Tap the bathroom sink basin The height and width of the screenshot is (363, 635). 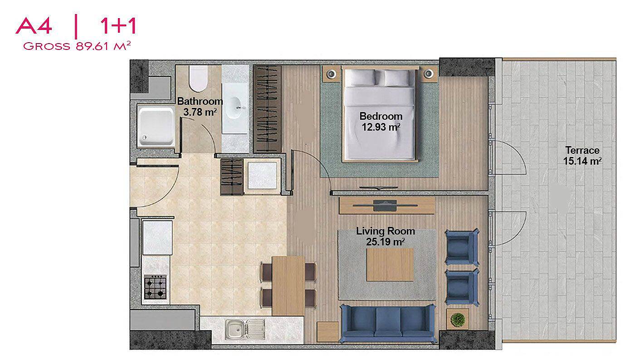coord(235,108)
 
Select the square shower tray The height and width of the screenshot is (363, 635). coord(156,127)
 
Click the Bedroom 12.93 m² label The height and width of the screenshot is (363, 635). coord(381,122)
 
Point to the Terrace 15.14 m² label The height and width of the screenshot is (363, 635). coord(582,156)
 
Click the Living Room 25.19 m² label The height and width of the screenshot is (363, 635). coord(386,236)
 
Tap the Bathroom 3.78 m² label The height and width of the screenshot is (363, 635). coord(200,107)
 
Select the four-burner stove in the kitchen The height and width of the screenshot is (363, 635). coord(155,287)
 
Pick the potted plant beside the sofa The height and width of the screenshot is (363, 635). coord(457,319)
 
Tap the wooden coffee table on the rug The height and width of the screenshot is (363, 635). coord(390,265)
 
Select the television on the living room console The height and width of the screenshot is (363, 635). coord(385,205)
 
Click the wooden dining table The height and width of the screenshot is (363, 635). coord(288,286)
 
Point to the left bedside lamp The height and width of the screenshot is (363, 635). coord(331,74)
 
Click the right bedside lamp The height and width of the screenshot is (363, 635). coord(428,74)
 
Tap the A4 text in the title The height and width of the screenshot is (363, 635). coord(34,26)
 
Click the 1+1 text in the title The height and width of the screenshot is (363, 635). coord(118,25)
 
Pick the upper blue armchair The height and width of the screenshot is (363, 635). coord(462,247)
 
